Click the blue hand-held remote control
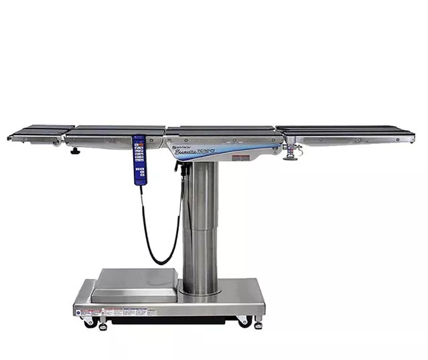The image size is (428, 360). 139,159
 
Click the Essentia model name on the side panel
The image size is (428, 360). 194,152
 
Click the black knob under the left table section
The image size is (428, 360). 75,151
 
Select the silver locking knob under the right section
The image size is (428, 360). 291,157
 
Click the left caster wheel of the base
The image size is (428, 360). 88,323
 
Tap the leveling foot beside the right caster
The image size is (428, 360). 258,325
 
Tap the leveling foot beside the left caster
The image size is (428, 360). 102,326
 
